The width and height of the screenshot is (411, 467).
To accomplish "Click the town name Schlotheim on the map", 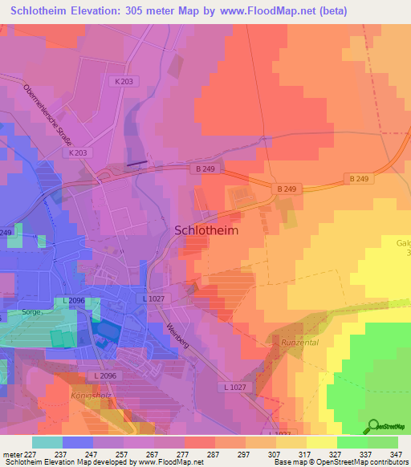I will coord(206,229).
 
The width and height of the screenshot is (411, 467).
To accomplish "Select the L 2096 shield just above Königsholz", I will coord(104,376).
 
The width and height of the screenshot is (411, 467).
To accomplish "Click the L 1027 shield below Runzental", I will coord(236,387).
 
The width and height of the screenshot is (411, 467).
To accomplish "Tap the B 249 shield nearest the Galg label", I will coord(357,178).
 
